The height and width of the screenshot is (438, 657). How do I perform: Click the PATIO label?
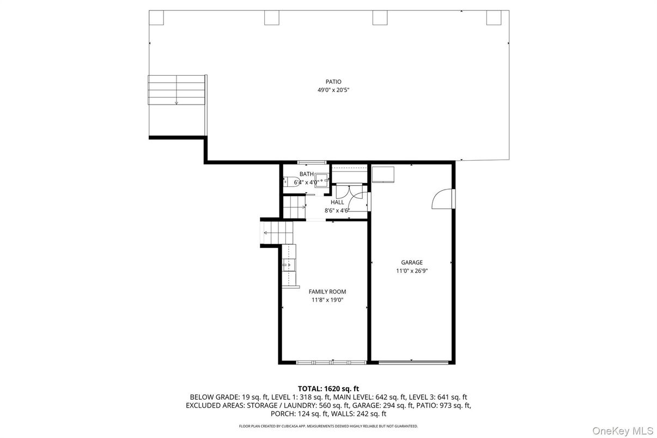click(333, 82)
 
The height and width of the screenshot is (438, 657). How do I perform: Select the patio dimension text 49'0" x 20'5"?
click(333, 90)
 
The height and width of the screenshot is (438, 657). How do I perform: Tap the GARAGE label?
click(412, 263)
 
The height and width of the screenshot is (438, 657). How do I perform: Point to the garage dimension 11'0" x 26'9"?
click(412, 271)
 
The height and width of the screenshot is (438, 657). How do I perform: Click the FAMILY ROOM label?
click(327, 292)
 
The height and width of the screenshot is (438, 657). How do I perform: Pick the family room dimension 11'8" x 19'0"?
click(327, 300)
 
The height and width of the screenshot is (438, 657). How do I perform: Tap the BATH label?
click(306, 174)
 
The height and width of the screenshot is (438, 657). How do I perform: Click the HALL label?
click(337, 202)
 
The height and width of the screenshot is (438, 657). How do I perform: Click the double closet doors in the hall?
click(349, 191)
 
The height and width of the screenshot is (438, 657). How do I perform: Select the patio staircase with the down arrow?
click(177, 90)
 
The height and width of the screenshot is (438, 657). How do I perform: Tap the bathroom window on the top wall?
click(312, 162)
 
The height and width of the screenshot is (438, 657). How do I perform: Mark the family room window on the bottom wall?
click(331, 362)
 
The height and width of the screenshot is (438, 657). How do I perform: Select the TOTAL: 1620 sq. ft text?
click(328, 388)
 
